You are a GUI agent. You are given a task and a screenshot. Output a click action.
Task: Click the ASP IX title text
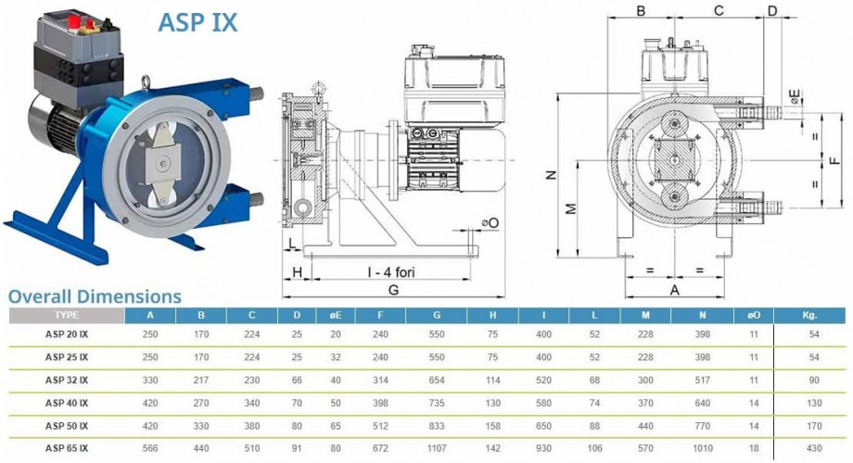click(x=197, y=23)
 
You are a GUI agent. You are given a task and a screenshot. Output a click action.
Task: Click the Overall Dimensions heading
click(x=95, y=296)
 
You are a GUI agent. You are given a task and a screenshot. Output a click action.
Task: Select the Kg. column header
click(x=808, y=315)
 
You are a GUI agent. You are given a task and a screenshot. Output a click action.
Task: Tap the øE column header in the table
click(x=336, y=315)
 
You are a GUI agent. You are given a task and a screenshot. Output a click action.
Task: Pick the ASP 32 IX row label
click(x=67, y=381)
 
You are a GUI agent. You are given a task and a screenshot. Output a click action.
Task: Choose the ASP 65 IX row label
click(x=67, y=448)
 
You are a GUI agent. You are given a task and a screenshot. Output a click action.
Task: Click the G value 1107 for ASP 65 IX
click(x=437, y=448)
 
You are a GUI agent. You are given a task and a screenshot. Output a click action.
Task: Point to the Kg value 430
click(x=814, y=448)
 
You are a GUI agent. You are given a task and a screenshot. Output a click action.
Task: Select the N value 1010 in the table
click(x=702, y=448)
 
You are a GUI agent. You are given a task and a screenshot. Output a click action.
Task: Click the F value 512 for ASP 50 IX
click(x=380, y=426)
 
